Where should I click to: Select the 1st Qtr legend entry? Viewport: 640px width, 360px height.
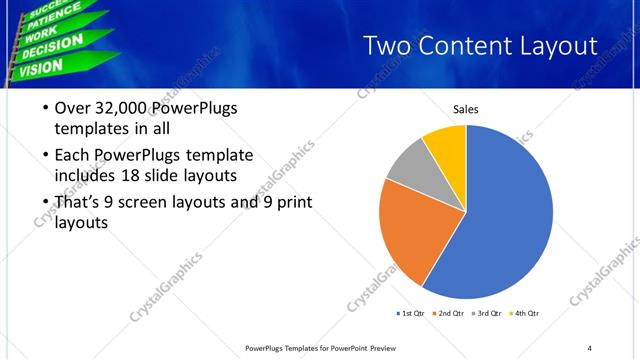click(x=410, y=313)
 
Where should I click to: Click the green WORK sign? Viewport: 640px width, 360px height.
click(x=41, y=34)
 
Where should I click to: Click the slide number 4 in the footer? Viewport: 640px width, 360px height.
click(x=589, y=347)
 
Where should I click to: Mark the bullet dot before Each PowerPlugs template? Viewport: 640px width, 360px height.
click(x=45, y=155)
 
